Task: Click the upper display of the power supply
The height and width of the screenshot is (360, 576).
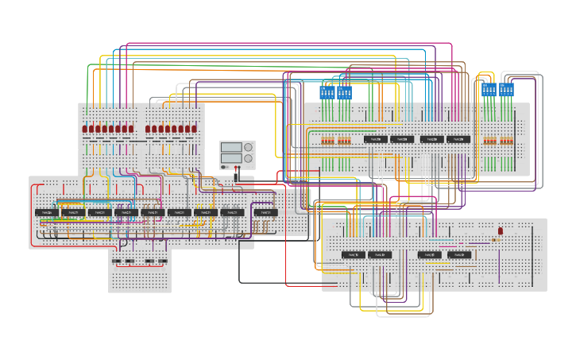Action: tap(231, 147)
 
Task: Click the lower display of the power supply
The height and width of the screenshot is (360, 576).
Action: tap(231, 158)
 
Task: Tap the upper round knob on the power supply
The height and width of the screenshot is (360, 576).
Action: tap(249, 147)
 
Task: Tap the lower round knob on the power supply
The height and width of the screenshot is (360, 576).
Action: tap(249, 159)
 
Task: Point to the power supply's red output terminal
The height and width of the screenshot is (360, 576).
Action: tap(235, 168)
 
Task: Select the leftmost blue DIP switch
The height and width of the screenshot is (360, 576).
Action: tap(327, 92)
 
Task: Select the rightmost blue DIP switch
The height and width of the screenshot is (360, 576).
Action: tap(506, 90)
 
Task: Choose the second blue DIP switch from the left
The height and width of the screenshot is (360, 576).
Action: tap(344, 92)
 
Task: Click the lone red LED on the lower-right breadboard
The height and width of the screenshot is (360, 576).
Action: tap(500, 230)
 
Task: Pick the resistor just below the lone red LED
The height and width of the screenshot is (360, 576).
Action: tap(497, 238)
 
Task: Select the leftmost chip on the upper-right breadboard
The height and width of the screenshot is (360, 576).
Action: tap(376, 139)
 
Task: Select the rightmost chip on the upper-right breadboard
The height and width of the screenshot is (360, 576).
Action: tap(458, 139)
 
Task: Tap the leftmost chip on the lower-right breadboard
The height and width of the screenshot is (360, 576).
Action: tap(354, 255)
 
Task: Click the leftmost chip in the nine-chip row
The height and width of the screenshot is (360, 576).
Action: tap(47, 213)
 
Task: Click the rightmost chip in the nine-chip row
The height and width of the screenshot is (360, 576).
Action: tap(266, 213)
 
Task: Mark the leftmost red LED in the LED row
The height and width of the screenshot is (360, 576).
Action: tap(85, 129)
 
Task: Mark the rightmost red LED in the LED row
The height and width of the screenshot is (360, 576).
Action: tap(194, 129)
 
